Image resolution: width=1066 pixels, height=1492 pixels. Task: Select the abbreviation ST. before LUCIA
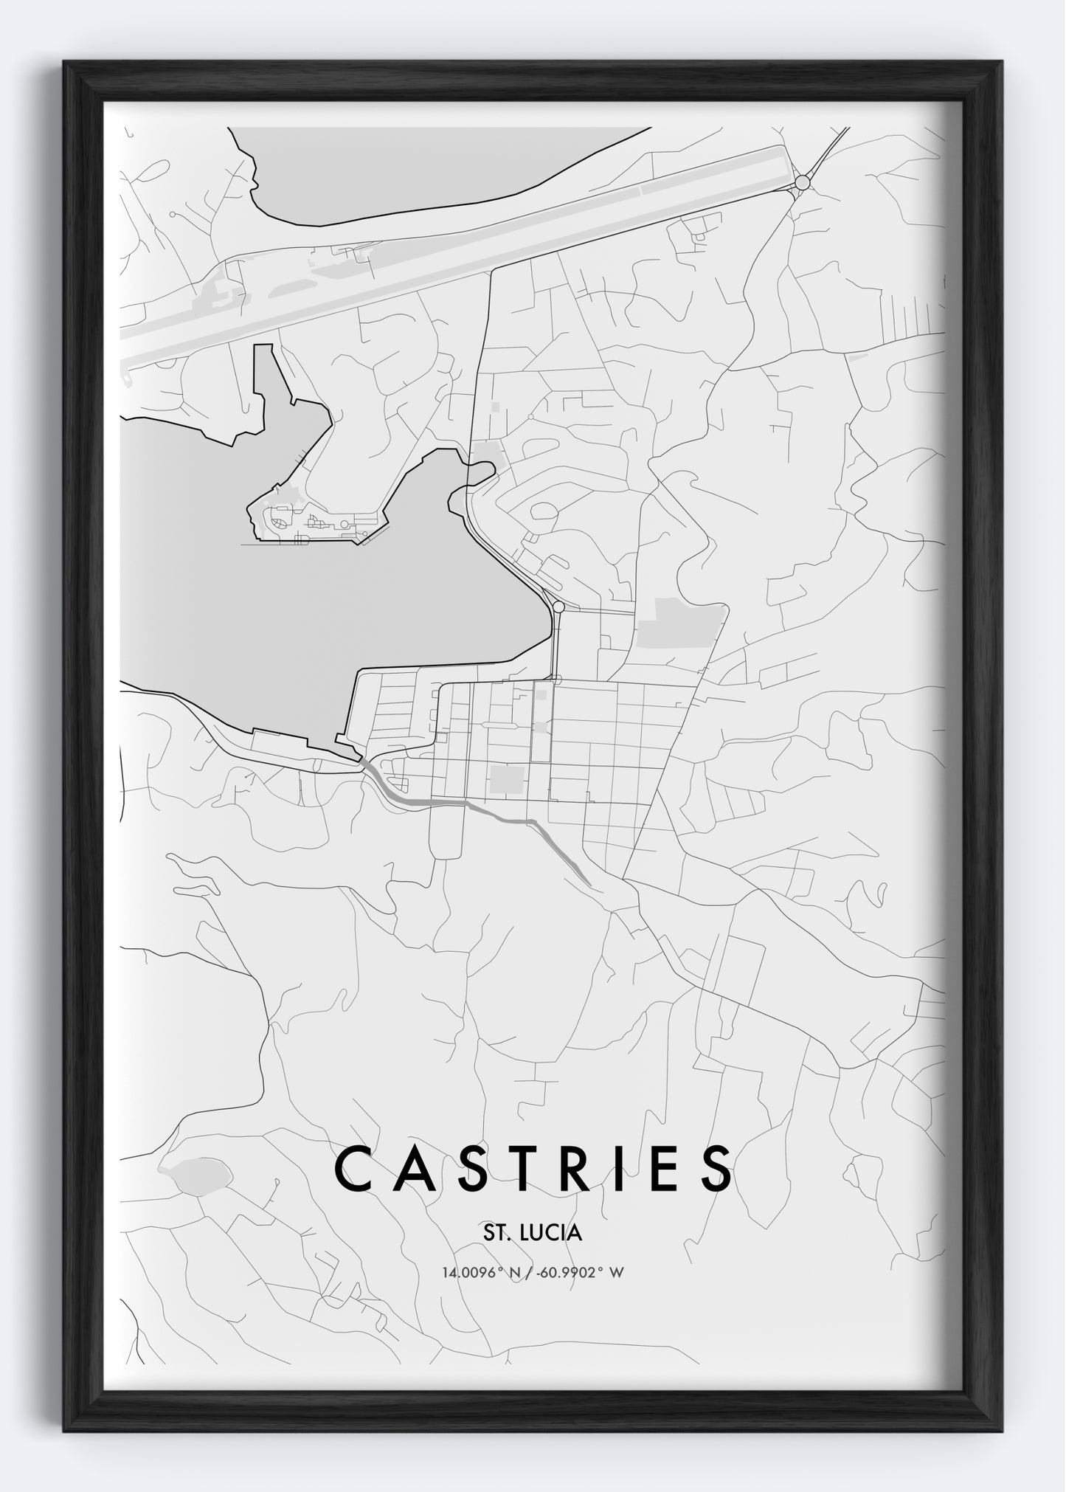(497, 1232)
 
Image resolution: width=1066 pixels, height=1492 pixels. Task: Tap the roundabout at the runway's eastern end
(803, 182)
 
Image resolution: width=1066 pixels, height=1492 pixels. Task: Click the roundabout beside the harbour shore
(558, 607)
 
